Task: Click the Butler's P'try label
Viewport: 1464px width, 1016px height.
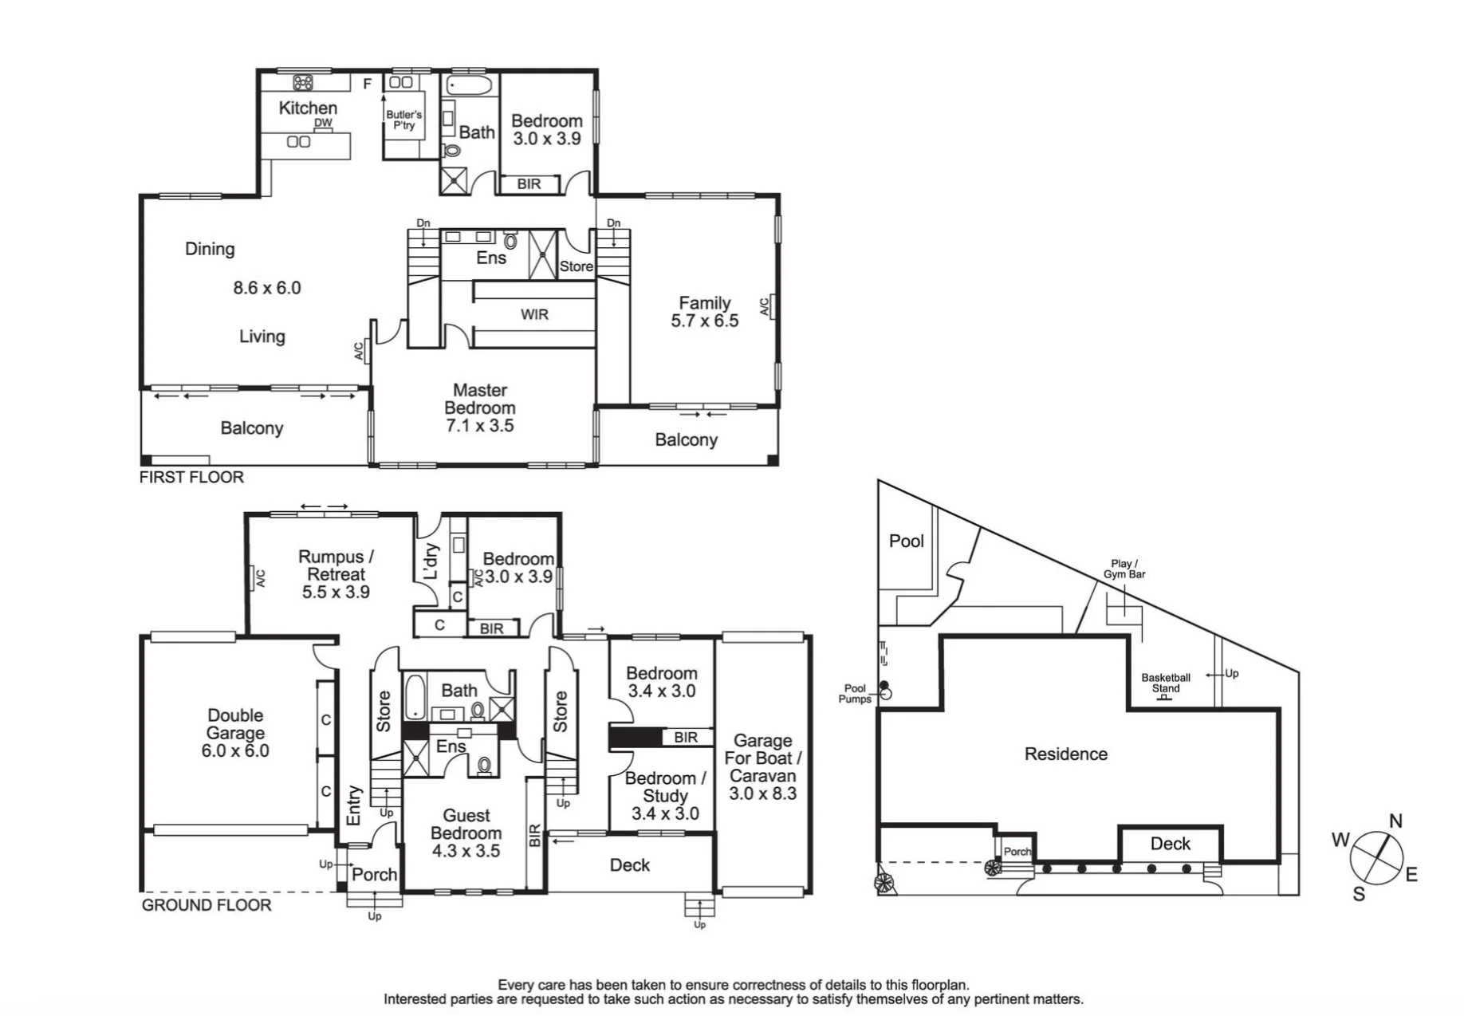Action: point(404,120)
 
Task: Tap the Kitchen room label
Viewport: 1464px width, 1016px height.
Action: point(308,108)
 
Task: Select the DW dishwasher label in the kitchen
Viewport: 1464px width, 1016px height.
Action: point(323,123)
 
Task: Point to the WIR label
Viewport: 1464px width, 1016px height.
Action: point(534,314)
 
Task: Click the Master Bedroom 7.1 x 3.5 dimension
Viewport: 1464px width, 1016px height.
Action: point(480,426)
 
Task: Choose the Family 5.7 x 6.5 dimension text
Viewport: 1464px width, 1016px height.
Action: point(705,321)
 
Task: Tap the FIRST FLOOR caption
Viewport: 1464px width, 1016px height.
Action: point(191,477)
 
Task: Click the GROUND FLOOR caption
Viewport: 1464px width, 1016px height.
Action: point(207,905)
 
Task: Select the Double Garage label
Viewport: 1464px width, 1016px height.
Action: point(235,724)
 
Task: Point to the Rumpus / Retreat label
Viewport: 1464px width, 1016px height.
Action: point(336,565)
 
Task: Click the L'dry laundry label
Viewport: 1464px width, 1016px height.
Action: point(431,561)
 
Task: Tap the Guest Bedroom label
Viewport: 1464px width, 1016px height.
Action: point(466,824)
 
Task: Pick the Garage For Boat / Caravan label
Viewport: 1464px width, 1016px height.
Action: point(763,758)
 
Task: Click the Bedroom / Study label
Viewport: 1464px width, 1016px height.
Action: point(665,787)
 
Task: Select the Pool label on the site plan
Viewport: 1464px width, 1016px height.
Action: point(907,541)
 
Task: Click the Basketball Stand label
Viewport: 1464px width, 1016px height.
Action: point(1166,683)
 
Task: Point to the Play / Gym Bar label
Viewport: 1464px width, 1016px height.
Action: point(1124,569)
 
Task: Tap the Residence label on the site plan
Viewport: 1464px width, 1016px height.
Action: point(1066,754)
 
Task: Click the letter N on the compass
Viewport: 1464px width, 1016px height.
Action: point(1395,821)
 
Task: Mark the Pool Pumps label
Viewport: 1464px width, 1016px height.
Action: point(855,694)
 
